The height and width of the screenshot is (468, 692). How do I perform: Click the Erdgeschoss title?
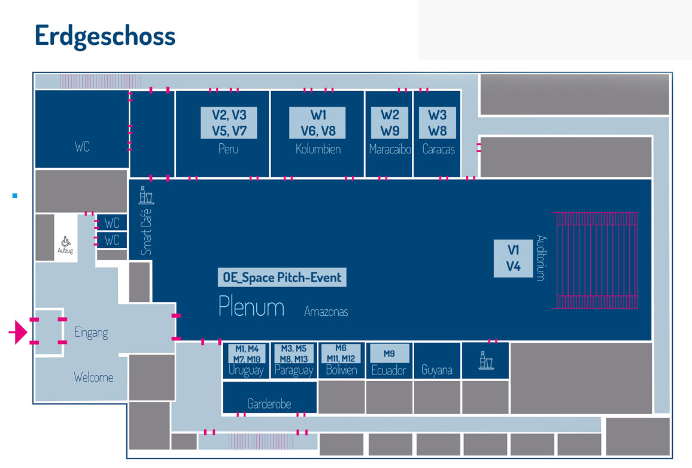[105, 36]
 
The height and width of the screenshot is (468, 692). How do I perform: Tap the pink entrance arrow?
[18, 332]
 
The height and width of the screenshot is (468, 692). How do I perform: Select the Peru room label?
[228, 149]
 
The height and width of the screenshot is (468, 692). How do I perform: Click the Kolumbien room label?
[318, 149]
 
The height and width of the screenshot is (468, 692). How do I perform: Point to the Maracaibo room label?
[390, 149]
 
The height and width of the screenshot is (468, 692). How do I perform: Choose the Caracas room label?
[438, 149]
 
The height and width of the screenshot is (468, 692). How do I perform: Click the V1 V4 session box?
[513, 258]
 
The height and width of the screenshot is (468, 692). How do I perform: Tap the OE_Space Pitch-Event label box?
[282, 277]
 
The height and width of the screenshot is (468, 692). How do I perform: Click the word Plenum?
[251, 306]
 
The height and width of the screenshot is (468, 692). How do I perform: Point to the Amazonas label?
[326, 312]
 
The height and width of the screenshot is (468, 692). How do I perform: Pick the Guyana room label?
[436, 370]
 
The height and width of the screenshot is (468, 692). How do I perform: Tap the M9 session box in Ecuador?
[389, 354]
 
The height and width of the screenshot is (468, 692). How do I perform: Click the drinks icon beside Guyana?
[485, 361]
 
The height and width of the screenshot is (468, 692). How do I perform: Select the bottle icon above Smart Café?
[145, 195]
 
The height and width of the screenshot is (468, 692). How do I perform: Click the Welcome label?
[93, 378]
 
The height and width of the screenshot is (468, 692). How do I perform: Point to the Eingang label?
[91, 333]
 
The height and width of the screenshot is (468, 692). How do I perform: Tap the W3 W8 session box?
[438, 123]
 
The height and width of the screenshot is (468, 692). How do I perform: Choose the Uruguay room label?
[246, 370]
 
